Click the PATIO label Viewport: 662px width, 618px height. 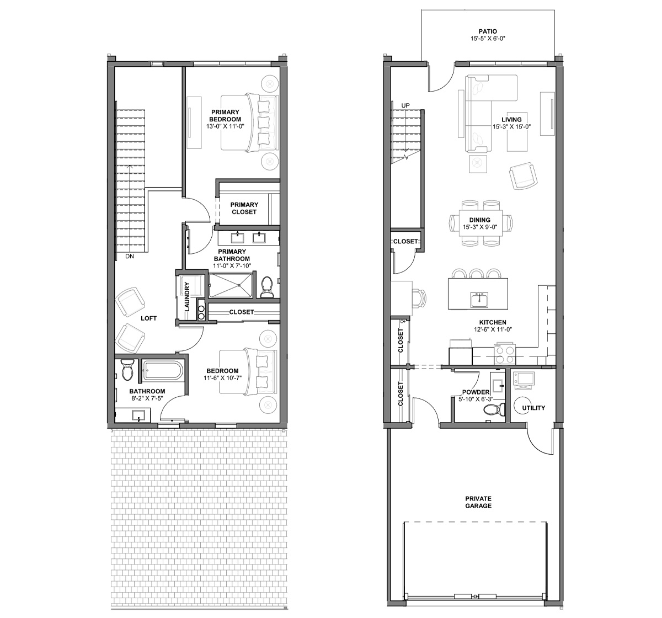click(x=488, y=31)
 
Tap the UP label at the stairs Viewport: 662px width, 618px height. click(x=405, y=106)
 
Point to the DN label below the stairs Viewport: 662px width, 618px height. click(x=130, y=256)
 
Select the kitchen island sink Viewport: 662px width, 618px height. click(x=479, y=300)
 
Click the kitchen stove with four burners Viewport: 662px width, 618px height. click(x=505, y=353)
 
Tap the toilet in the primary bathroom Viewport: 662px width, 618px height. click(x=266, y=287)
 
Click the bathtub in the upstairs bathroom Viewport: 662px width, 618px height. click(x=163, y=372)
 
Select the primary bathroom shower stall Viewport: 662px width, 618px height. click(x=231, y=285)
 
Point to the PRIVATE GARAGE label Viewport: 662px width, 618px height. click(x=478, y=502)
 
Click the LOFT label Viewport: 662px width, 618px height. click(x=148, y=318)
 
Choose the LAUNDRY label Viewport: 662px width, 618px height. click(x=186, y=296)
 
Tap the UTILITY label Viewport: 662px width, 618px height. click(x=533, y=408)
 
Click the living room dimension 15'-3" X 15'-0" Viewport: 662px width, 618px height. click(x=511, y=127)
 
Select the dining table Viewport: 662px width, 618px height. click(x=481, y=223)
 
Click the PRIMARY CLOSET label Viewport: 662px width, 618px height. click(x=244, y=208)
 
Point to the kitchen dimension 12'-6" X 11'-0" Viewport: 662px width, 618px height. click(x=493, y=329)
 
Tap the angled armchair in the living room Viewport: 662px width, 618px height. click(x=523, y=176)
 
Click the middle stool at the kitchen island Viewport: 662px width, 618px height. click(x=476, y=274)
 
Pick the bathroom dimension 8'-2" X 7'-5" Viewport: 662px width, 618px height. click(x=147, y=398)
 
